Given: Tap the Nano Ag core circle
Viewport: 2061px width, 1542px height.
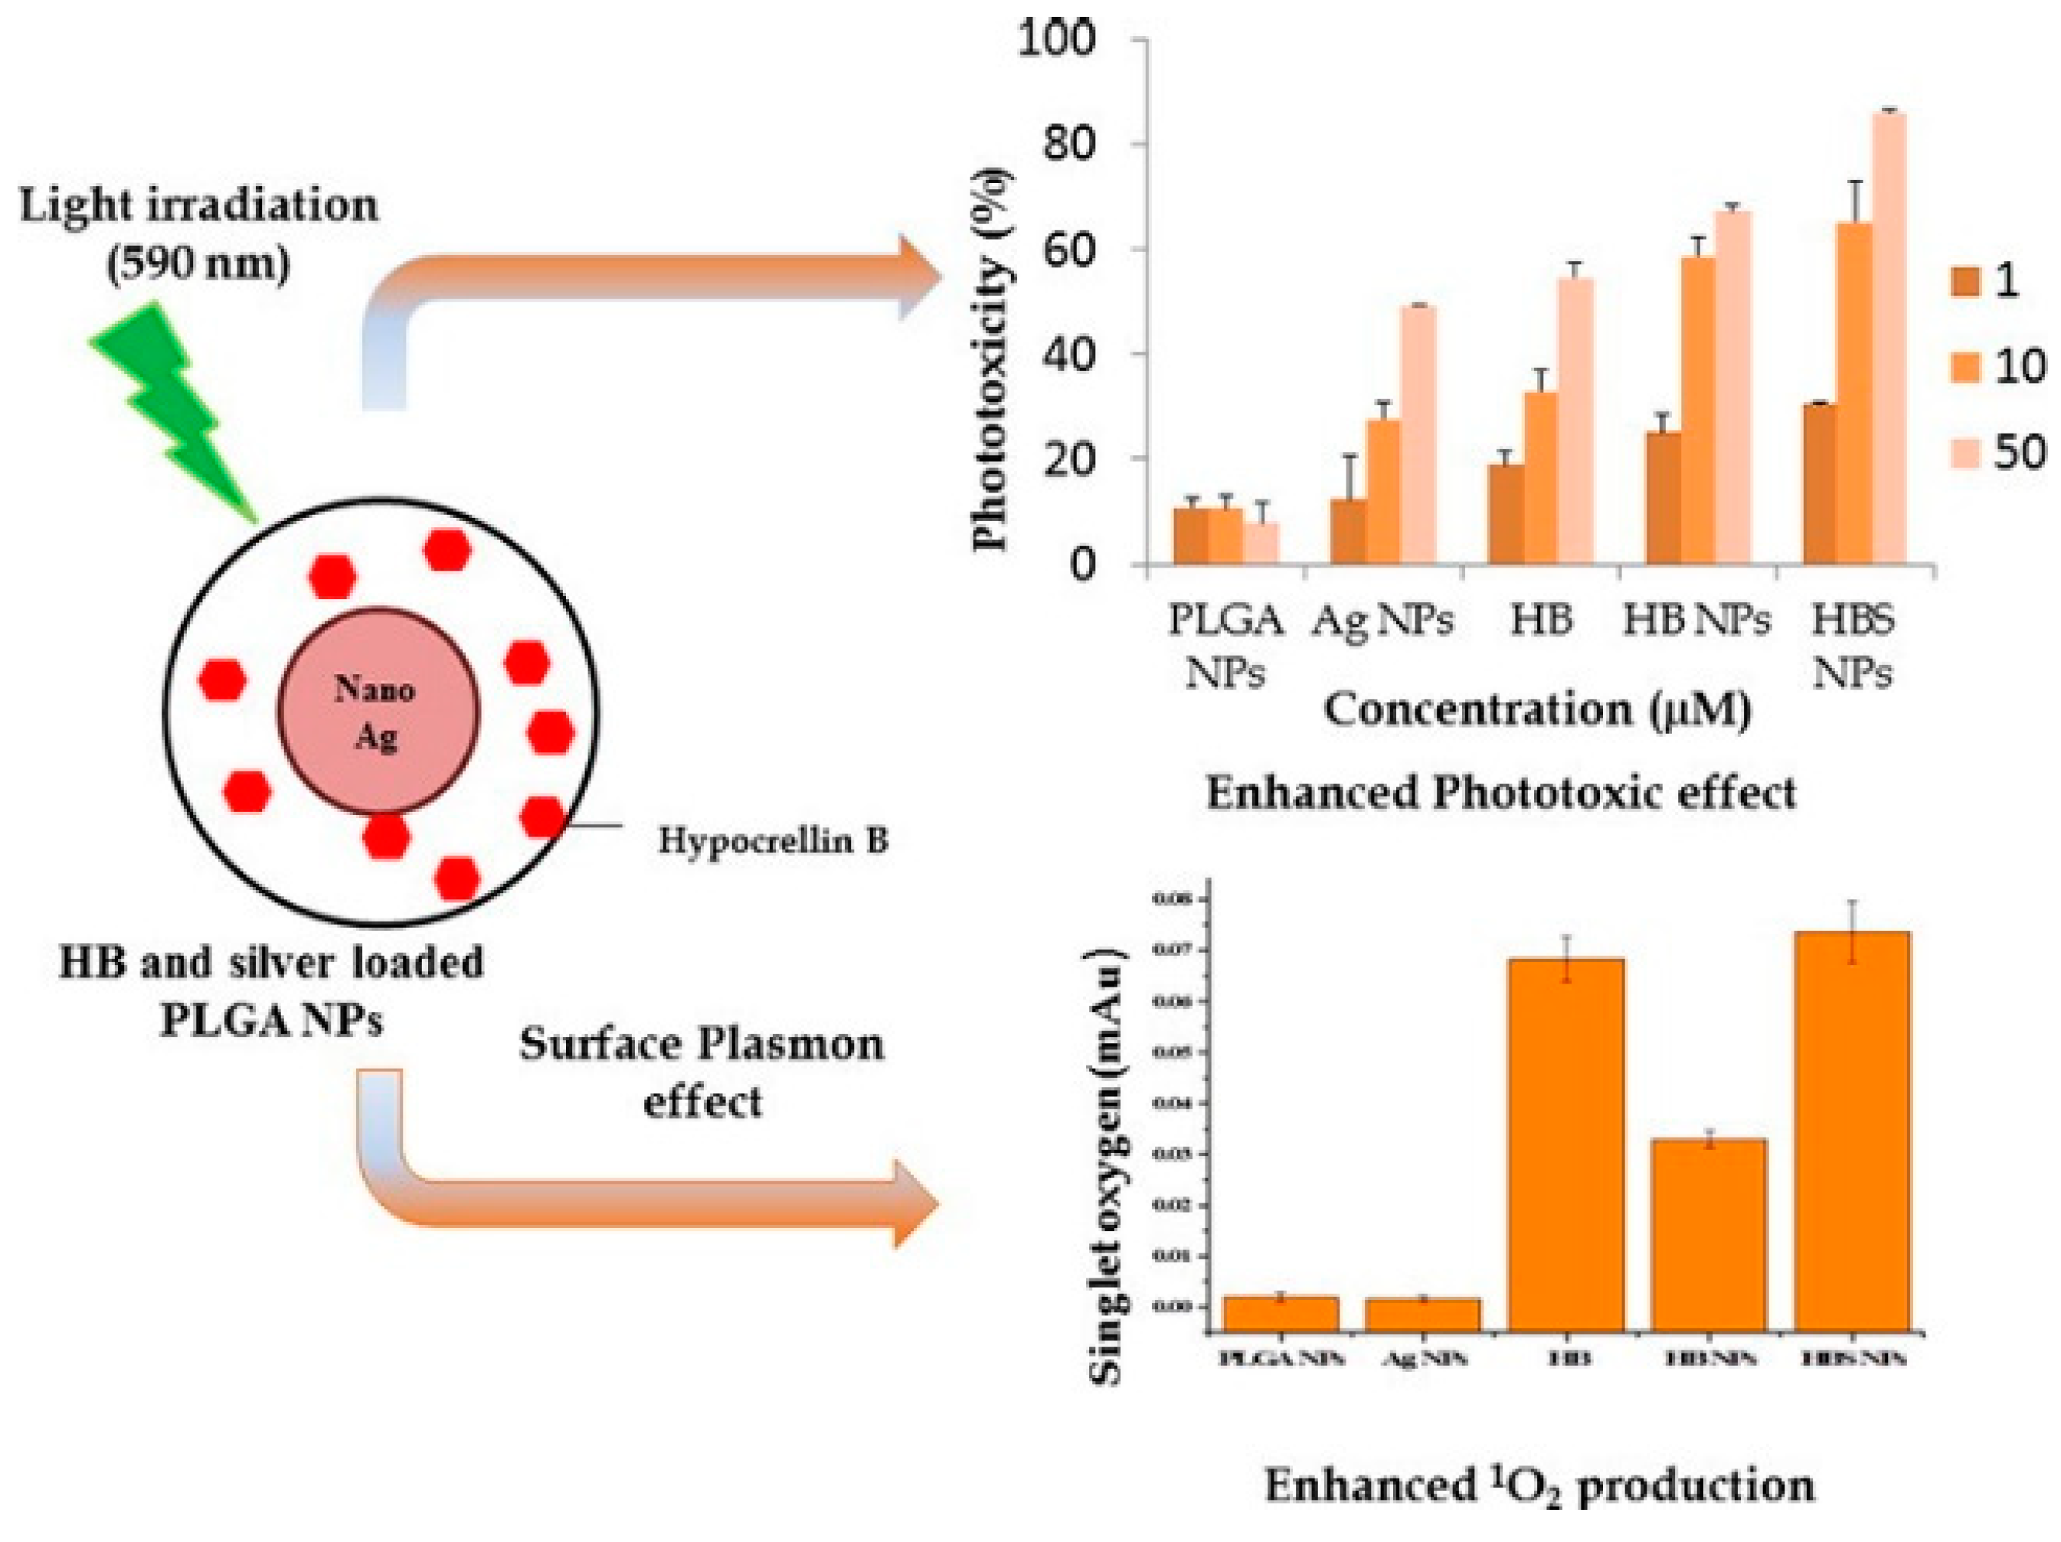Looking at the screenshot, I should coord(379,710).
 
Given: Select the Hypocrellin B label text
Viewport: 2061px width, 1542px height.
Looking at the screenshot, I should coord(774,841).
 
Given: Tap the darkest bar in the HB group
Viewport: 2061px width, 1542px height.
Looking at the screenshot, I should coord(1506,514).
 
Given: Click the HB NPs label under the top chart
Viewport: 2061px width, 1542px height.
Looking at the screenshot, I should coord(1696,620).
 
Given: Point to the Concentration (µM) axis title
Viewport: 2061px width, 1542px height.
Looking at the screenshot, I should coord(1537,710).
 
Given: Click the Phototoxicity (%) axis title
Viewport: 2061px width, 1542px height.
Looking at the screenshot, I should coord(991,361).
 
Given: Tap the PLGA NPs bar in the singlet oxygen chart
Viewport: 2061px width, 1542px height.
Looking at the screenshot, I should coord(1281,1313).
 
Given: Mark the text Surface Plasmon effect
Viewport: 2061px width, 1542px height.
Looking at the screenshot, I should coord(702,1072).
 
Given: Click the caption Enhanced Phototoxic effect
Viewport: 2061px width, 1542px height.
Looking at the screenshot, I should coord(1501,794).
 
